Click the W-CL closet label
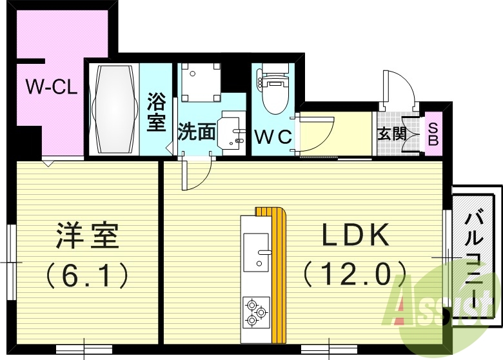[x=52, y=86]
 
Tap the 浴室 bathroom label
[x=157, y=112]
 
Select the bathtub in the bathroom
[x=113, y=110]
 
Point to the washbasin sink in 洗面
[x=231, y=133]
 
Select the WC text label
[x=273, y=137]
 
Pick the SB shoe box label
[x=433, y=134]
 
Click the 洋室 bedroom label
[x=88, y=236]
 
